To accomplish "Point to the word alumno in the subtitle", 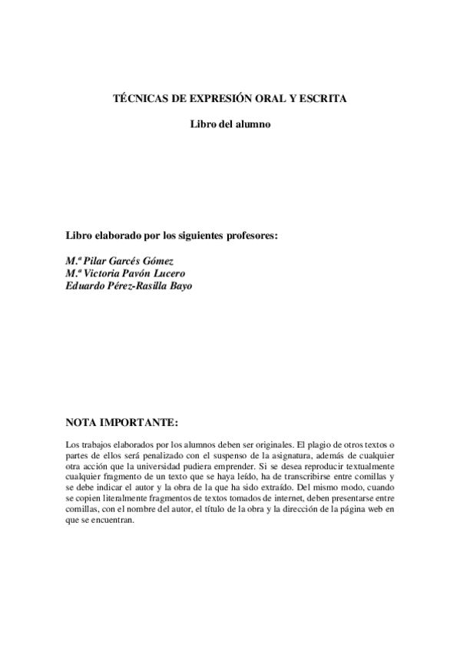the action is (253, 124).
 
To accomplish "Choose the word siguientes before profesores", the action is (185, 235).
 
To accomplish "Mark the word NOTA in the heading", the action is (83, 422).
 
